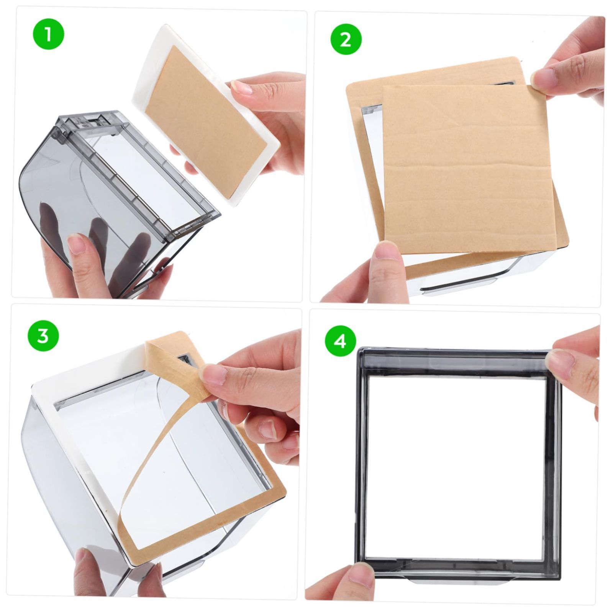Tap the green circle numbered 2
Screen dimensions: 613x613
[x=346, y=39]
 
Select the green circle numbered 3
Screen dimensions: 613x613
[x=43, y=336]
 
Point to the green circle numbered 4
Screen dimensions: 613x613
[x=341, y=340]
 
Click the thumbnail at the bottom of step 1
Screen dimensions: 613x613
[x=78, y=245]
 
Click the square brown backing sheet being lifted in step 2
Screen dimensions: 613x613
[x=468, y=169]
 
